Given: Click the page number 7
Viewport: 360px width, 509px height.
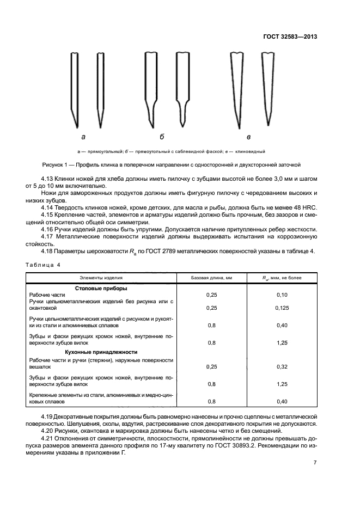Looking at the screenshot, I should [x=315, y=463].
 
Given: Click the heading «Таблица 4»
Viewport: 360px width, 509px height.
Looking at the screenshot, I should [x=43, y=265].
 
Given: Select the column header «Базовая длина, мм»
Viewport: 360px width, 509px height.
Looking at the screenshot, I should [x=211, y=278].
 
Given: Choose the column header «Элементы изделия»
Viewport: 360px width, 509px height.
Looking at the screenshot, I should [x=101, y=278].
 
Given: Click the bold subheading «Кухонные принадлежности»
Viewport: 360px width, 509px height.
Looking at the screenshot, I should [x=101, y=352].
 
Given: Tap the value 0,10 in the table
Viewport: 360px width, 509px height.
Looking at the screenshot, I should [x=282, y=295].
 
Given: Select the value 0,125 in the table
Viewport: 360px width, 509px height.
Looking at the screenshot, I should [x=282, y=308].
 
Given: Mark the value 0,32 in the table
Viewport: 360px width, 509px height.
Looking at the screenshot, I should [x=282, y=367].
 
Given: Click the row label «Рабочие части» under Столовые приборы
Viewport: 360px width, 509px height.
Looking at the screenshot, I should [x=47, y=295].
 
